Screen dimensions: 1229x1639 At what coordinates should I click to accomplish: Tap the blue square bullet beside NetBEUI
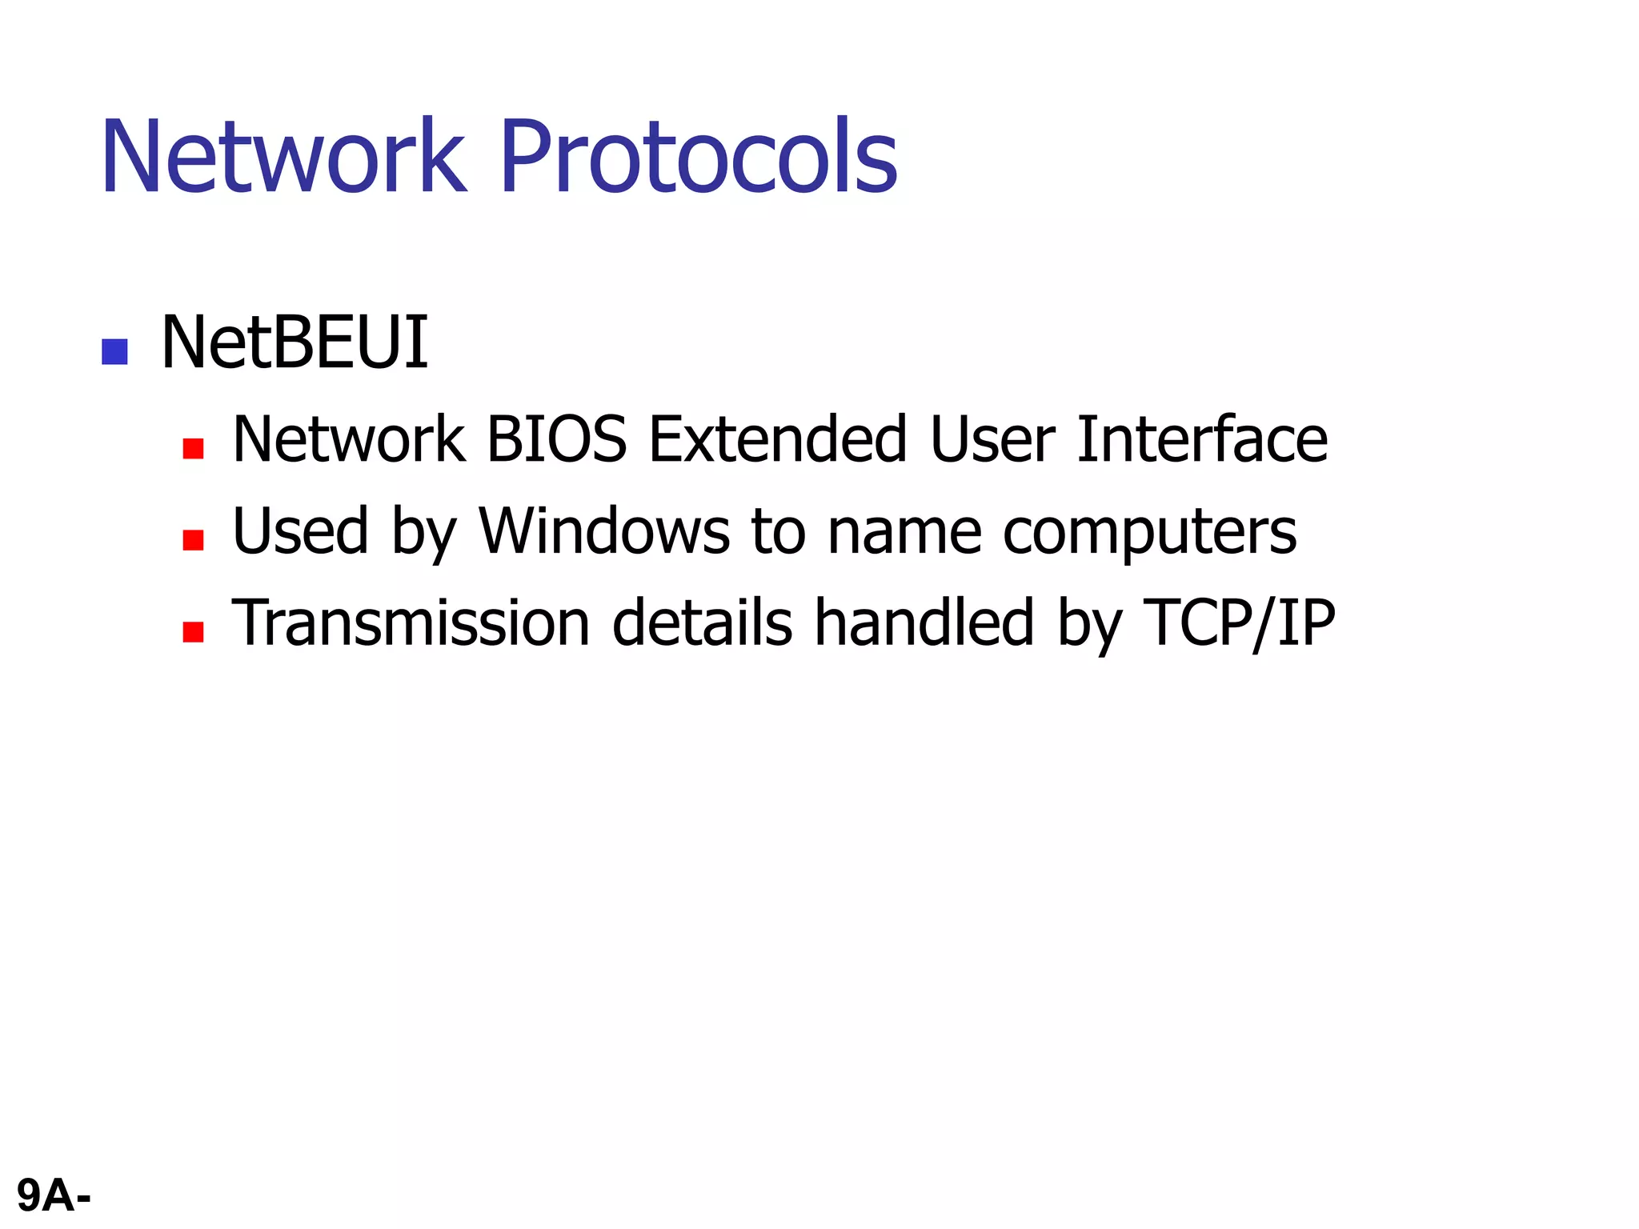pos(115,352)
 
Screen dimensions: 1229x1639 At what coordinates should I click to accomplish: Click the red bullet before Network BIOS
pos(193,448)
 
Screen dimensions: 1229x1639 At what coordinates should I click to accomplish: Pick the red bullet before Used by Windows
pos(193,540)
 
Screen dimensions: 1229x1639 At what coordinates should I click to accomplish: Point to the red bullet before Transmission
pos(193,632)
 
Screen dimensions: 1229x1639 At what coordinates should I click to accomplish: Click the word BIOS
pos(556,439)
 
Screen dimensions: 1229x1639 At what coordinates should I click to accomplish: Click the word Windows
pos(604,531)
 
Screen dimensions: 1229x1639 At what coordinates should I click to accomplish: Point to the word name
pos(904,533)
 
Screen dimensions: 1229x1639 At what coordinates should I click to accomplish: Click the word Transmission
pos(411,623)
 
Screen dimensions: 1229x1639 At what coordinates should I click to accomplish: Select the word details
pos(702,623)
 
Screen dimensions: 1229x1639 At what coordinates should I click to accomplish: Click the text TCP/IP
pos(1239,623)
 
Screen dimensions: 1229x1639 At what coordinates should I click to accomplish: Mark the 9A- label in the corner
pos(54,1196)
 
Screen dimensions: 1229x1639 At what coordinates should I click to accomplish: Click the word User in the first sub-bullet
pos(992,439)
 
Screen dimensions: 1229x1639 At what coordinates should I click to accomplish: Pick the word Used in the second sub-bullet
pos(301,531)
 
